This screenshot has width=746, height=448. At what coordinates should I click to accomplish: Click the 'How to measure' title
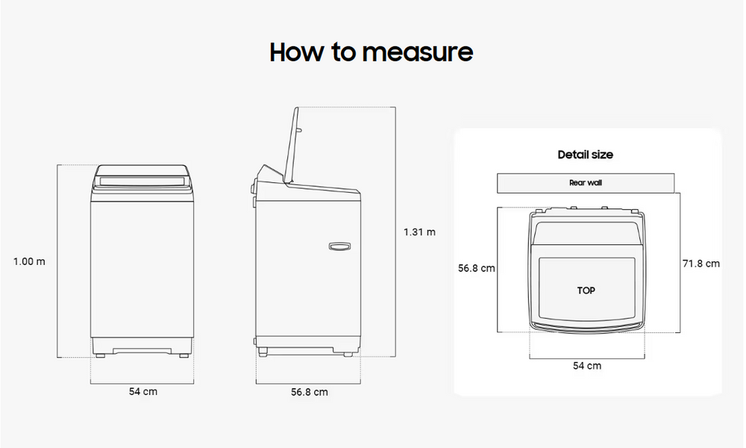[371, 52]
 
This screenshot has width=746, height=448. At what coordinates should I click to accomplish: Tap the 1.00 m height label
[30, 261]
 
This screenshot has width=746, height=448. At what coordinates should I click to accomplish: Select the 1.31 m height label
[419, 232]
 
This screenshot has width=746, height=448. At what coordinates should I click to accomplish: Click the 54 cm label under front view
[142, 391]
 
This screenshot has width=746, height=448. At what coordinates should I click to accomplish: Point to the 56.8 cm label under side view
[310, 392]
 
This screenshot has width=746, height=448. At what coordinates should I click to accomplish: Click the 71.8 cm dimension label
[701, 264]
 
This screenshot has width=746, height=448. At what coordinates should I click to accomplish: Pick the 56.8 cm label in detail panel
[476, 268]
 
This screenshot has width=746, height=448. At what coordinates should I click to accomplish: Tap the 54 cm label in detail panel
[587, 366]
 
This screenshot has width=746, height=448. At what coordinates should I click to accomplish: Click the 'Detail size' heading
[585, 155]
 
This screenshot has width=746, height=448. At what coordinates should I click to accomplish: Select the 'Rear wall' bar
[586, 183]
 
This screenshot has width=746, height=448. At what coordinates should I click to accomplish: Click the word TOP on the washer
[586, 290]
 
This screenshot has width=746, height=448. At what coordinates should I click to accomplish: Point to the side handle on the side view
[339, 246]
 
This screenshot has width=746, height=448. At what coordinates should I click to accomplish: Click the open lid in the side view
[292, 145]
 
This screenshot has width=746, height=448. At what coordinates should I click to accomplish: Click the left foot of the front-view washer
[101, 355]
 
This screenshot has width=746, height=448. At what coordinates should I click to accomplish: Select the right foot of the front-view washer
[184, 355]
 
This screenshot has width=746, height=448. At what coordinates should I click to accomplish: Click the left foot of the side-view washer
[263, 352]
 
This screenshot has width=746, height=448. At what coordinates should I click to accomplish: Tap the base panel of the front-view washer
[142, 346]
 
